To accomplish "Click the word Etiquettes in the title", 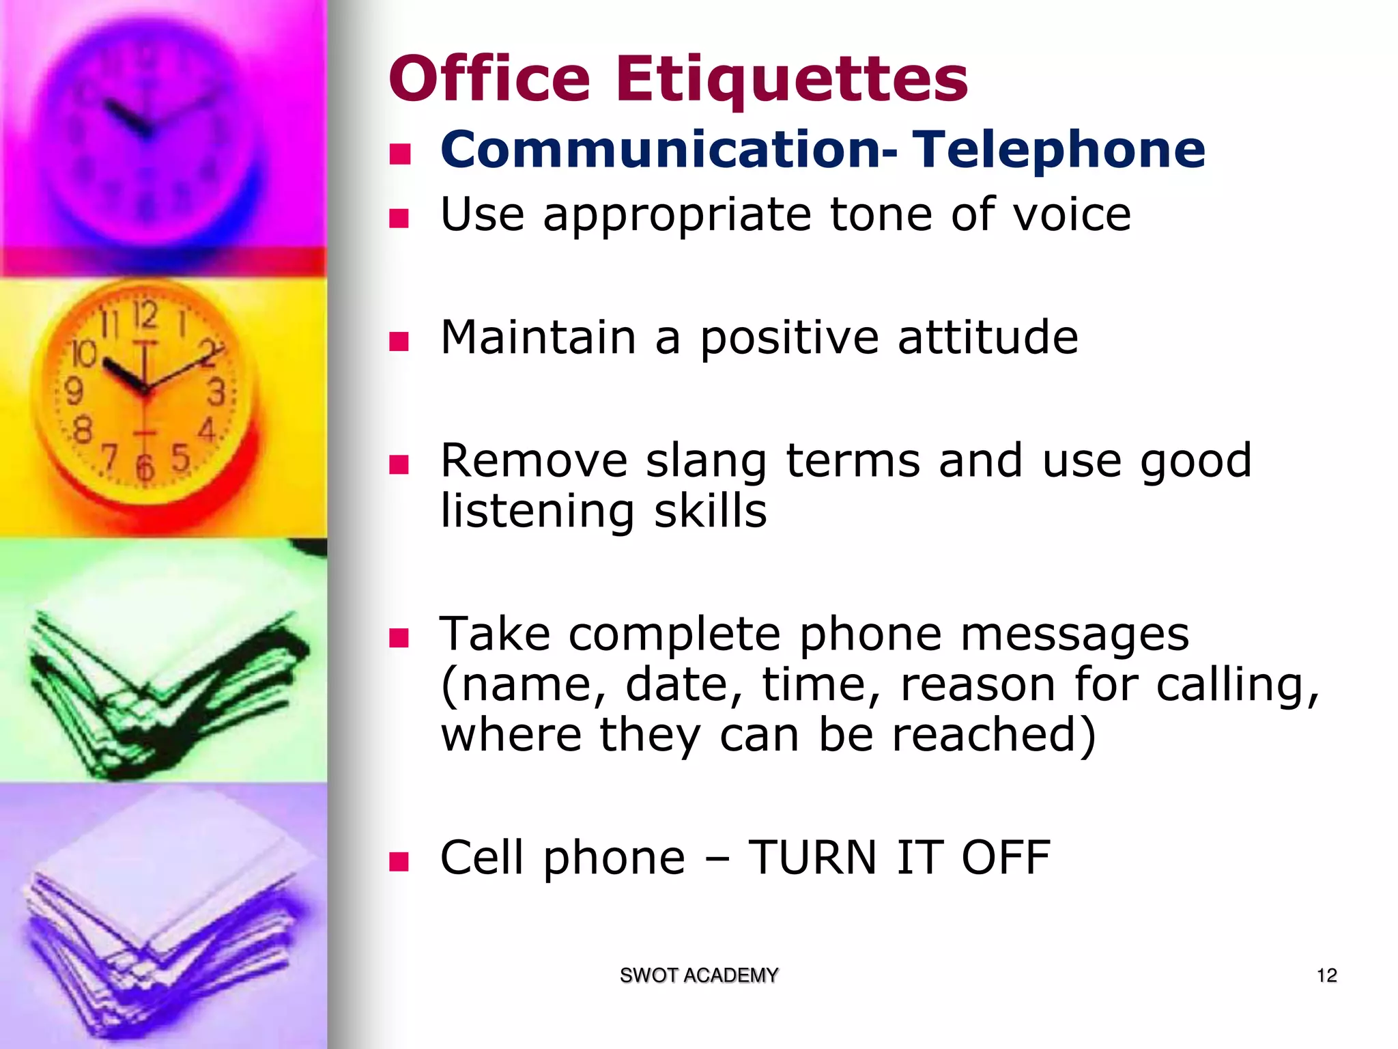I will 791,79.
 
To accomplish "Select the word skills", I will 710,512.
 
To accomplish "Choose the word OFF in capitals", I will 1005,858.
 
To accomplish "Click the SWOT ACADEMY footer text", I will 698,975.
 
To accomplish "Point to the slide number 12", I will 1326,975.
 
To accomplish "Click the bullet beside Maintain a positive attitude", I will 399,341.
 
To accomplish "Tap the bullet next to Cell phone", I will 399,861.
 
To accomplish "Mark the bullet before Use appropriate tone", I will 399,218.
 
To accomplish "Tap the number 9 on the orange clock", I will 74,391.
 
